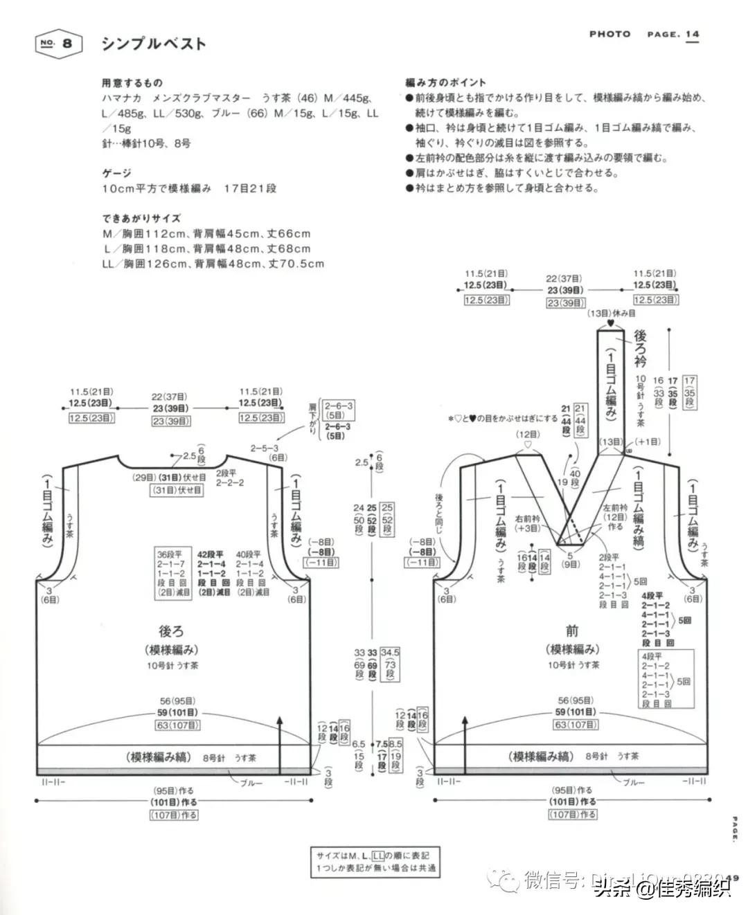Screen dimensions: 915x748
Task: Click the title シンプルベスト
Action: point(154,44)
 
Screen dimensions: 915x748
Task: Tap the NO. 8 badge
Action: point(58,44)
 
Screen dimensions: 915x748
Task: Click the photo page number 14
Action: point(692,34)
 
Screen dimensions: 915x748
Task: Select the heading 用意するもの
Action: point(132,83)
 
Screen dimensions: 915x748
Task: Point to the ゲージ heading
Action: point(116,173)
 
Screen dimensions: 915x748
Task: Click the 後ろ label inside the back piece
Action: point(171,631)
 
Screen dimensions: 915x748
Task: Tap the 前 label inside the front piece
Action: point(572,631)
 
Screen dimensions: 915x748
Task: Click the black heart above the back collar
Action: point(610,324)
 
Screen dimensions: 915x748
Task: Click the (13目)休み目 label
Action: point(611,314)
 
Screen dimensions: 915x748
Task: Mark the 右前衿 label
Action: point(528,523)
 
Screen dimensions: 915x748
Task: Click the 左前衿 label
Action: point(614,517)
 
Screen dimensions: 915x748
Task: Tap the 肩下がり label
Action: point(313,420)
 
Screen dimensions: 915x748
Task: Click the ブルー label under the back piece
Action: point(251,783)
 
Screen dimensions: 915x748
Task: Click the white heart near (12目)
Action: point(527,445)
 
